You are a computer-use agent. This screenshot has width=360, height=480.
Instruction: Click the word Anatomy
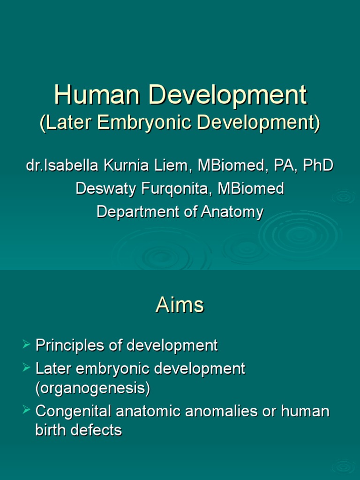click(232, 212)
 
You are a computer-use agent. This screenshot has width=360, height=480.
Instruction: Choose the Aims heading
click(180, 306)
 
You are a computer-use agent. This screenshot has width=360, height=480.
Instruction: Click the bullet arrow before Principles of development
click(26, 345)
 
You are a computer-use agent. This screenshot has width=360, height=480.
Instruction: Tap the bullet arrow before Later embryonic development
click(26, 368)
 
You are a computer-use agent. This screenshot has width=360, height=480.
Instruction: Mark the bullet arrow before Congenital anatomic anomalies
click(26, 411)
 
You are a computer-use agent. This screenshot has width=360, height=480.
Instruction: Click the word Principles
click(68, 346)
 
